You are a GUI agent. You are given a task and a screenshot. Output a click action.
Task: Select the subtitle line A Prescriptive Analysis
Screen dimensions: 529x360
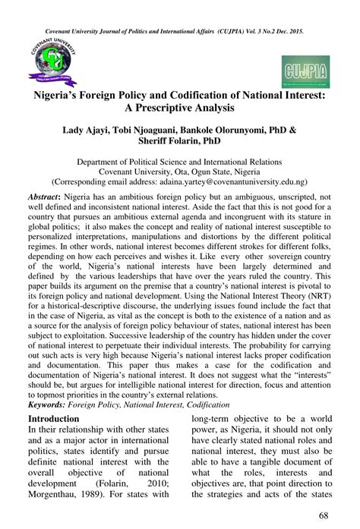coord(180,112)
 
